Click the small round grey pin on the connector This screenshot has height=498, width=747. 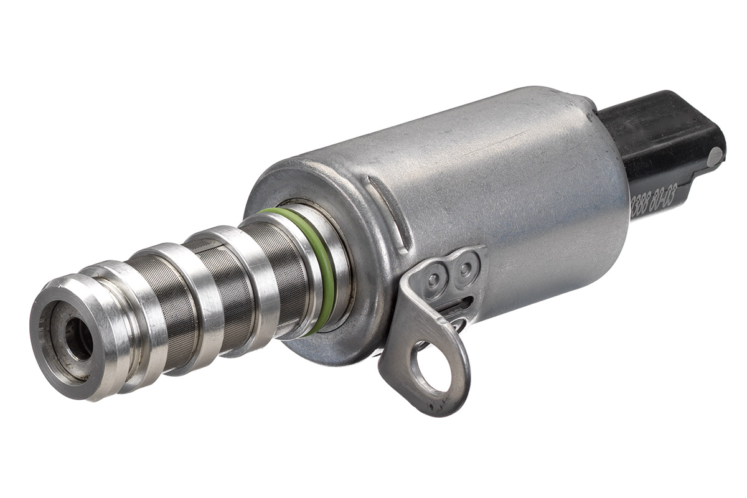click(715, 156)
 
